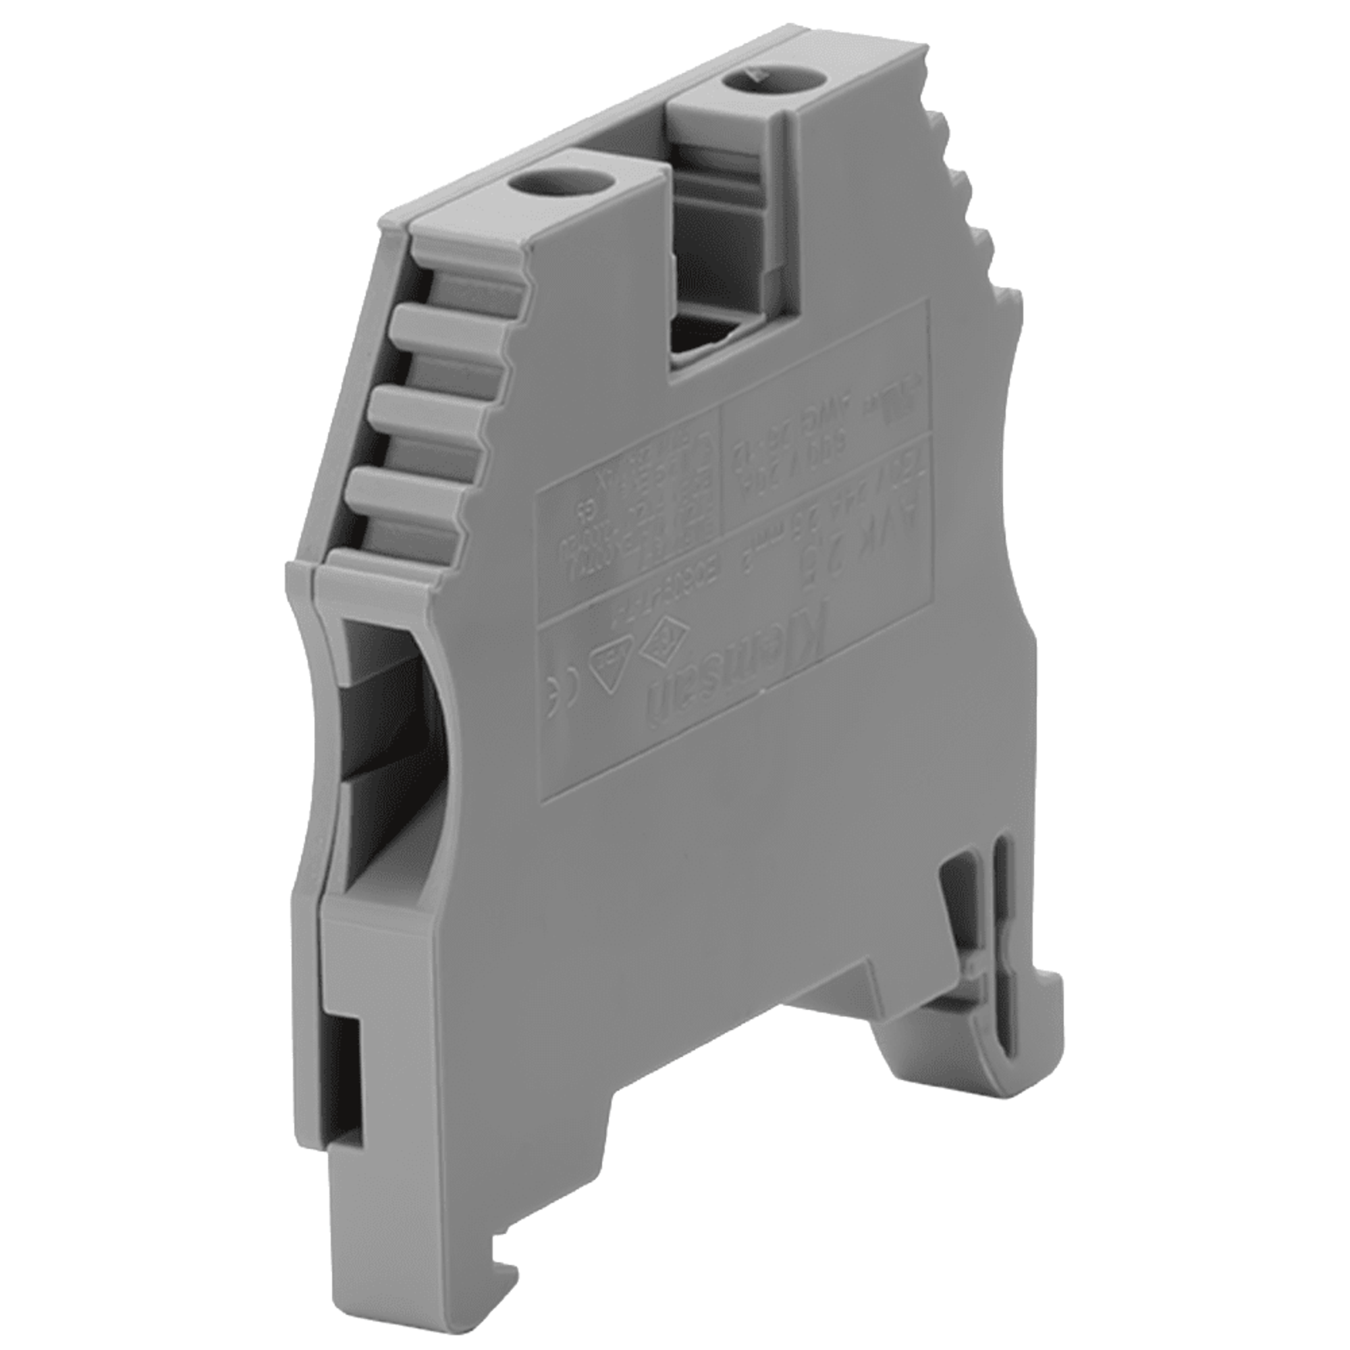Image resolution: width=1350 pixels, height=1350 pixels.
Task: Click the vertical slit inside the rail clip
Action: (1000, 929)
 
